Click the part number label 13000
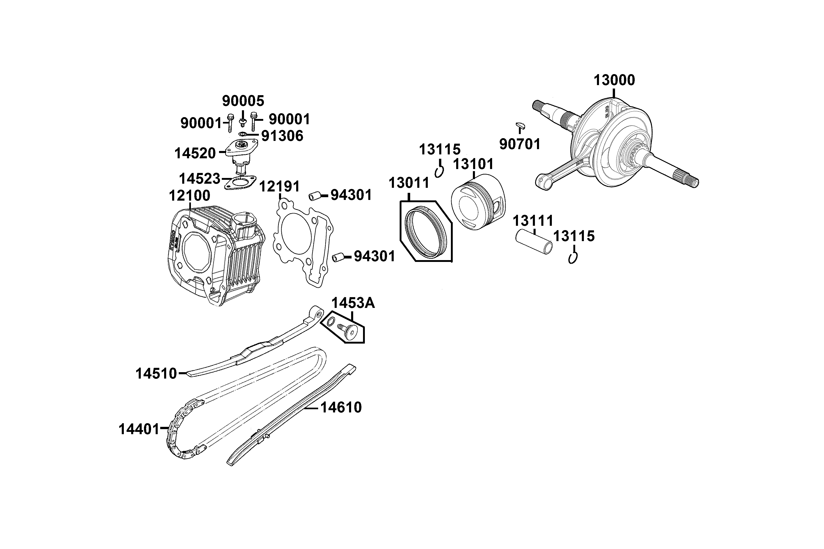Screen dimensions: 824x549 pyautogui.click(x=614, y=80)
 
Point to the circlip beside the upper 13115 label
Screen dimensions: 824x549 pyautogui.click(x=439, y=172)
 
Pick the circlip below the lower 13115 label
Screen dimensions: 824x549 pyautogui.click(x=573, y=258)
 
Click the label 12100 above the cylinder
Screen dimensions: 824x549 pyautogui.click(x=190, y=196)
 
